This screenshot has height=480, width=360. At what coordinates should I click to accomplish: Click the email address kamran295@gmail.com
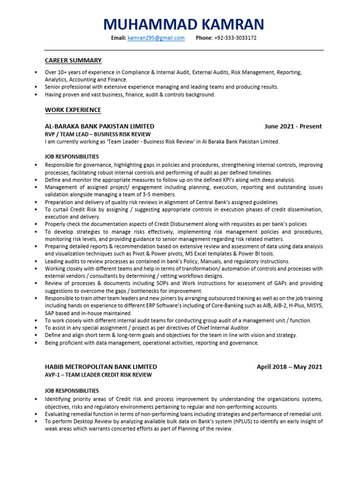(156, 38)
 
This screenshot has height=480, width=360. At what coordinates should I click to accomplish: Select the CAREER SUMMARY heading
(73, 60)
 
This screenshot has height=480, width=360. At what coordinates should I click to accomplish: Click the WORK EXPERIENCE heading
(73, 110)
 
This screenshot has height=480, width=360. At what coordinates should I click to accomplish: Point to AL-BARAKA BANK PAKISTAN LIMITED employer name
(99, 127)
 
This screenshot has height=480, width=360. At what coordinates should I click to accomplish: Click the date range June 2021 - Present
(293, 127)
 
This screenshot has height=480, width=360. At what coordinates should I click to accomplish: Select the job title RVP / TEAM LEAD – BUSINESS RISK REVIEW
(97, 134)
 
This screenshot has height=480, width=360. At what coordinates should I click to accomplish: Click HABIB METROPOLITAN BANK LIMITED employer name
(101, 367)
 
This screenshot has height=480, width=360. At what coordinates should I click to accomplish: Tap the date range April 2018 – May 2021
(289, 367)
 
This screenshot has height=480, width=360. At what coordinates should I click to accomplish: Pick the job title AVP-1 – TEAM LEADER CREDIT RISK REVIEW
(98, 375)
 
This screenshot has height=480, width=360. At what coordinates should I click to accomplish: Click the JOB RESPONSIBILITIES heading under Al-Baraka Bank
(72, 157)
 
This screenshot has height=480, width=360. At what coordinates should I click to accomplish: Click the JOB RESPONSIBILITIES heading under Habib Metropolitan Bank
(72, 391)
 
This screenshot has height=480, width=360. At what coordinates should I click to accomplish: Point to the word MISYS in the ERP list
(315, 306)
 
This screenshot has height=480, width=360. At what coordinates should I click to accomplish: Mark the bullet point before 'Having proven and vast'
(37, 95)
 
